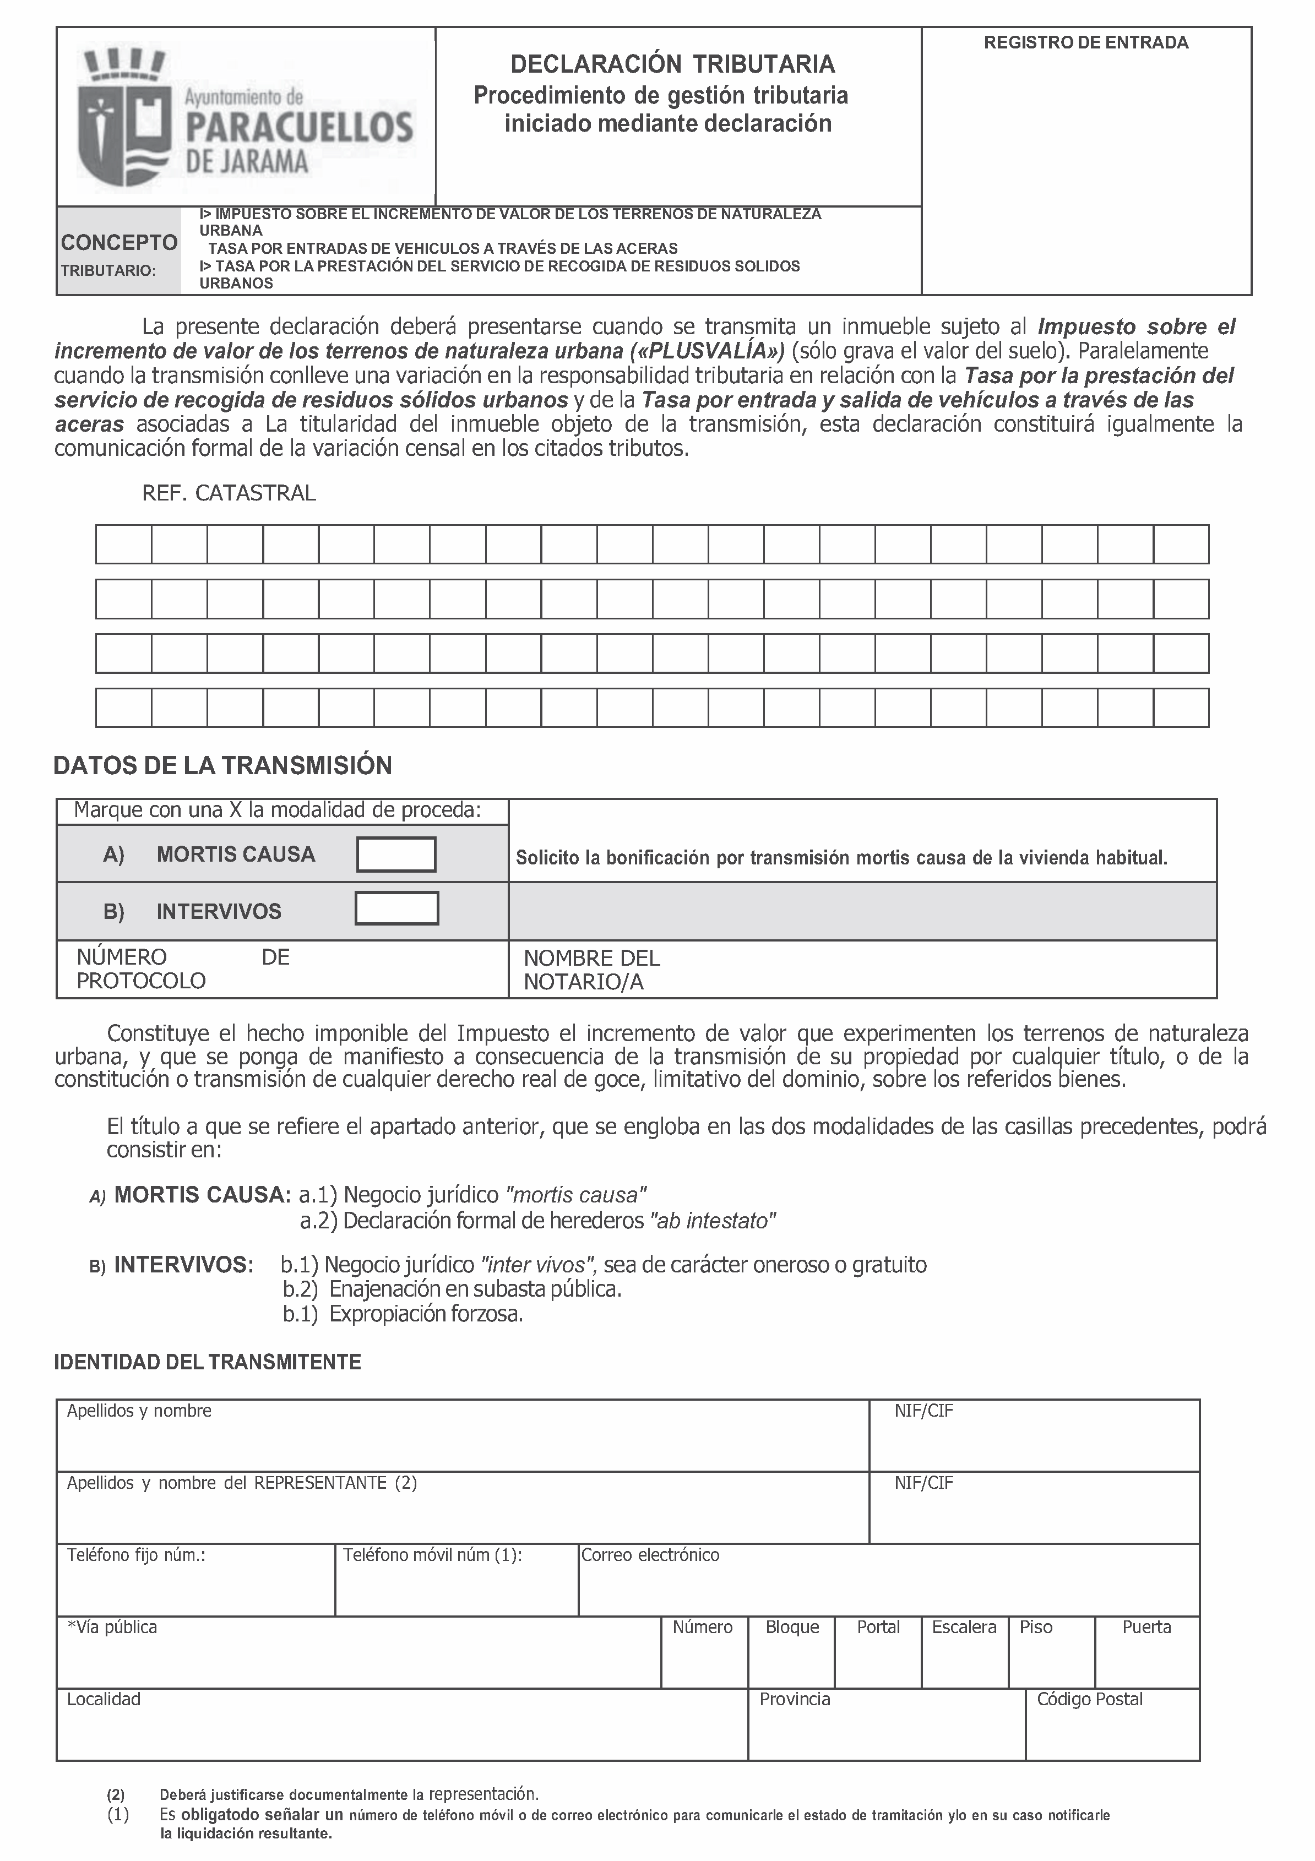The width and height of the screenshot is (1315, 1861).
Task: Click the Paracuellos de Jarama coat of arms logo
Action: pyautogui.click(x=122, y=115)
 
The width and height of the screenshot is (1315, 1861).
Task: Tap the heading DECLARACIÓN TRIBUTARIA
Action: pyautogui.click(x=672, y=64)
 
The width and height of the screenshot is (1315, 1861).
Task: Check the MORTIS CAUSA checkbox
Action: pyautogui.click(x=396, y=855)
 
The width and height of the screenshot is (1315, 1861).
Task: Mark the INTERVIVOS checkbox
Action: pyautogui.click(x=396, y=908)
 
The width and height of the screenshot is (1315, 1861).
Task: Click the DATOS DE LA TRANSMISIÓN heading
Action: pyautogui.click(x=223, y=766)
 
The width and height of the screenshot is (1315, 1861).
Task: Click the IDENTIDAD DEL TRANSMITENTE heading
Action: pyautogui.click(x=208, y=1363)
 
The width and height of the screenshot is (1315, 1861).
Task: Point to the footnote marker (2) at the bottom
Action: pyautogui.click(x=116, y=1794)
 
